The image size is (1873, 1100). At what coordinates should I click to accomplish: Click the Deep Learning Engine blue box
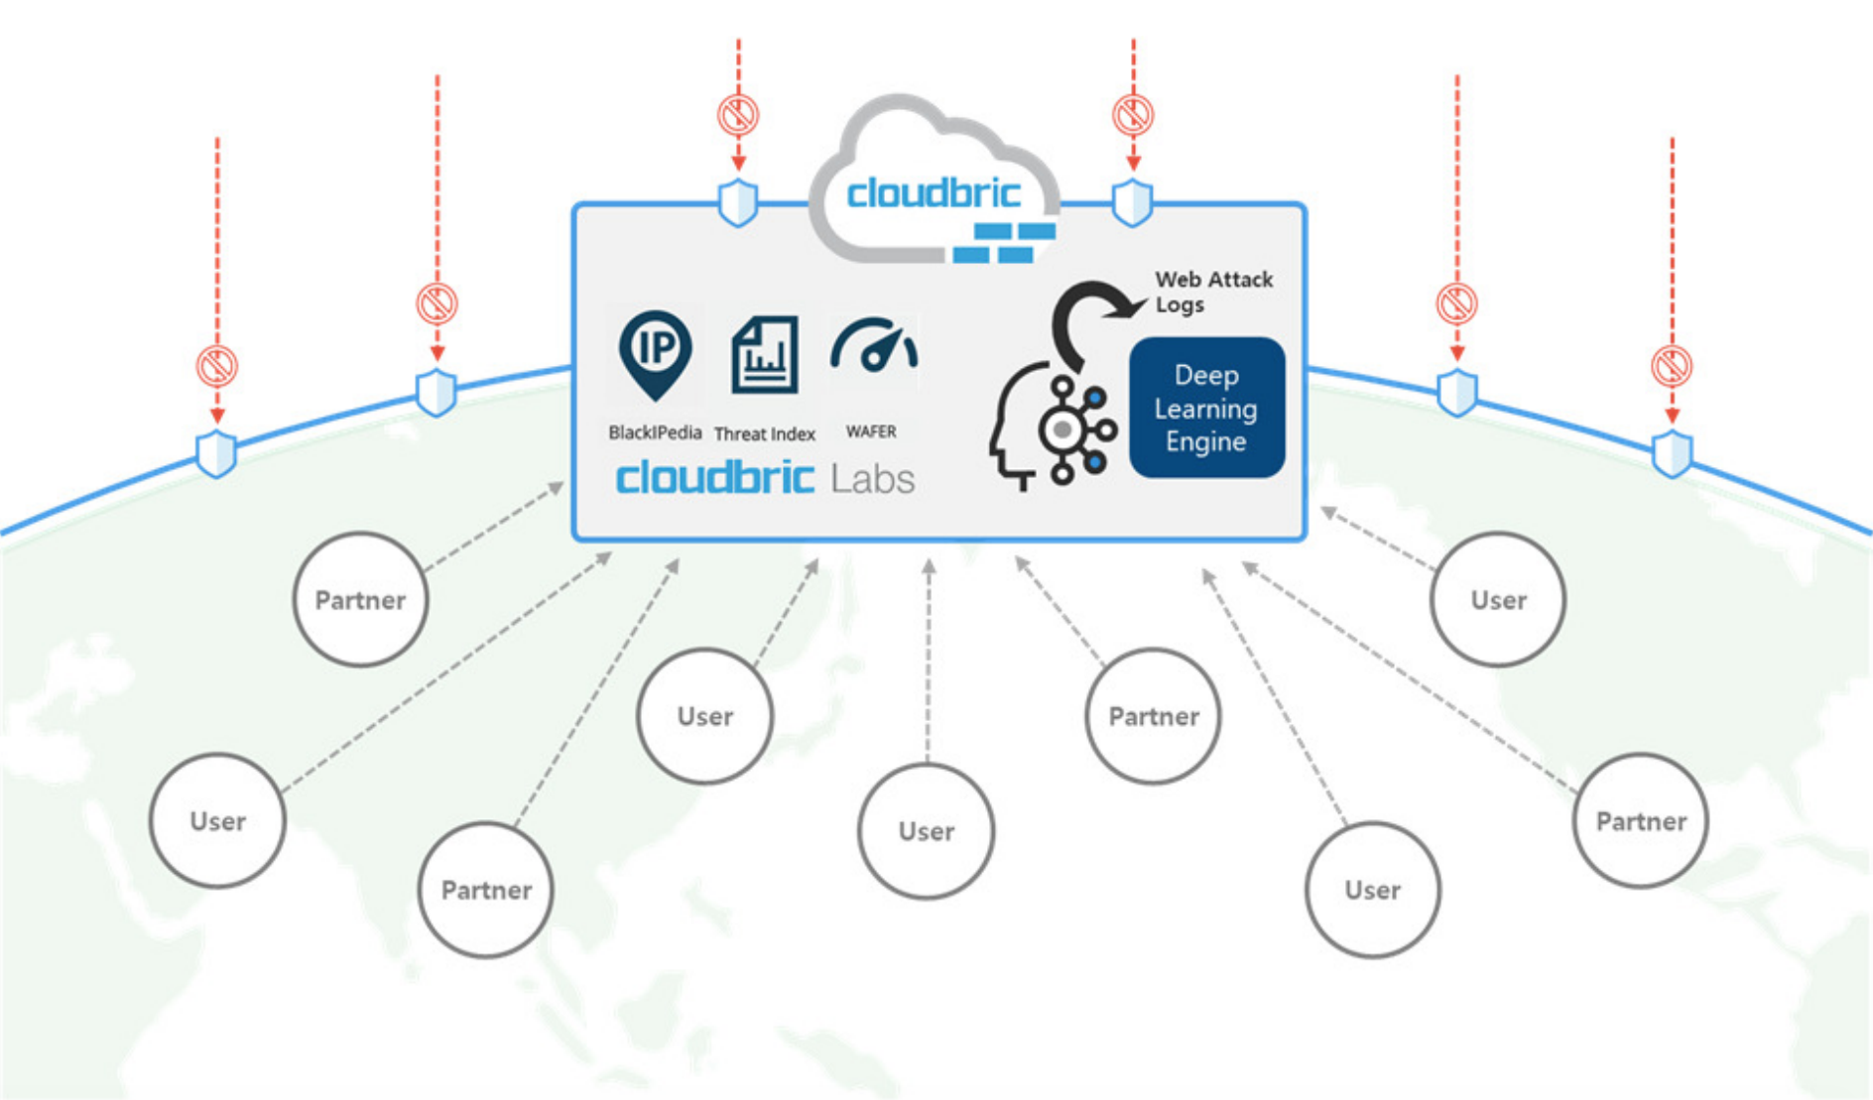[x=1206, y=408]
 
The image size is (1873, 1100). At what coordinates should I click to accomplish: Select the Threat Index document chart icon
[x=765, y=355]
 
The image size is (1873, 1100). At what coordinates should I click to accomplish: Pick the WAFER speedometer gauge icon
[x=873, y=347]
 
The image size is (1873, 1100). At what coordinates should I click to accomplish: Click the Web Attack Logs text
[x=1212, y=292]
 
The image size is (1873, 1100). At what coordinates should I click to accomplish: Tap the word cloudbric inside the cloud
[x=934, y=192]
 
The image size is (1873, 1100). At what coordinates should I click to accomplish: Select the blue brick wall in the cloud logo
[x=1004, y=243]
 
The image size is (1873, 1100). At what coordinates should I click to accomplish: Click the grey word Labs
[x=872, y=479]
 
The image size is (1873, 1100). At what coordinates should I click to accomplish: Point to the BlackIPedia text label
[x=655, y=432]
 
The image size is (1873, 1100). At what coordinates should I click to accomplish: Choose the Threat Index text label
[x=765, y=433]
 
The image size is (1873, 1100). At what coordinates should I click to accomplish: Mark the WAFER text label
[x=871, y=431]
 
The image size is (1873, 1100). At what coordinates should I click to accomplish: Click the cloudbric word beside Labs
[x=714, y=478]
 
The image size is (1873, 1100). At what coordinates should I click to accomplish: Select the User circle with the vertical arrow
[x=926, y=831]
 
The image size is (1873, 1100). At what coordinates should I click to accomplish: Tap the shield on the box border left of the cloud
[x=738, y=203]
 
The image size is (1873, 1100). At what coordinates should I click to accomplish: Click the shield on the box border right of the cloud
[x=1132, y=203]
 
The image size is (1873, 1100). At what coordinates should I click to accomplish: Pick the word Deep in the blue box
[x=1206, y=375]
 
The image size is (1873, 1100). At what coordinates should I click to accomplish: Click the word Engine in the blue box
[x=1205, y=441]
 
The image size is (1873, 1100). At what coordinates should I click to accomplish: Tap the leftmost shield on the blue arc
[x=216, y=454]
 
